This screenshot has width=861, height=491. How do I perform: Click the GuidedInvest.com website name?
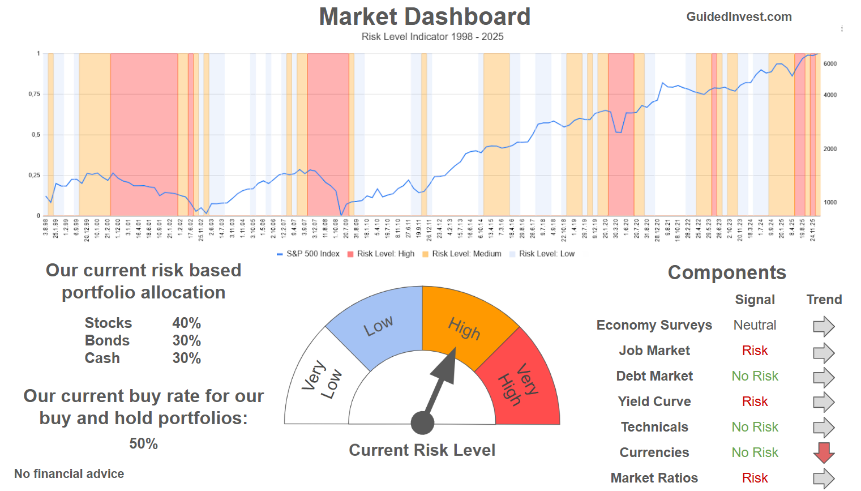point(739,17)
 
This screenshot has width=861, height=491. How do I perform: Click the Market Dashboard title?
point(425,17)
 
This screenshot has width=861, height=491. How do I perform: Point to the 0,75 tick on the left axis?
point(35,94)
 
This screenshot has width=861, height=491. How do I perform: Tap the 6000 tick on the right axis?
point(830,64)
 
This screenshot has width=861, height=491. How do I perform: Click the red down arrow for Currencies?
point(824,452)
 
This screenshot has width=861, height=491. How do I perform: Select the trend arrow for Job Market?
point(824,353)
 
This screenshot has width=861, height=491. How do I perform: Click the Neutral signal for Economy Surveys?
point(755,325)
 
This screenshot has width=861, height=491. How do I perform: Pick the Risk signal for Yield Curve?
point(755,402)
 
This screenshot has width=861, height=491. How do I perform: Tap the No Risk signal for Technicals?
point(755,427)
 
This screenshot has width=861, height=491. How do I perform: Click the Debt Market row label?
point(654,376)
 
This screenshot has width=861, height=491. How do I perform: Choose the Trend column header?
point(824,300)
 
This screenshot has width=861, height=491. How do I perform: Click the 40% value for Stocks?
point(186,323)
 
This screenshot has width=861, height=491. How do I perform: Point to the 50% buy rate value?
point(143,443)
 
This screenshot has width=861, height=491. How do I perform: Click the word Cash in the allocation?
point(102,358)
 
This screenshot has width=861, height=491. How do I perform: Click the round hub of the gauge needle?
point(422,422)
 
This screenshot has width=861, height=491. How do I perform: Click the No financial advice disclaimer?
point(69,473)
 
